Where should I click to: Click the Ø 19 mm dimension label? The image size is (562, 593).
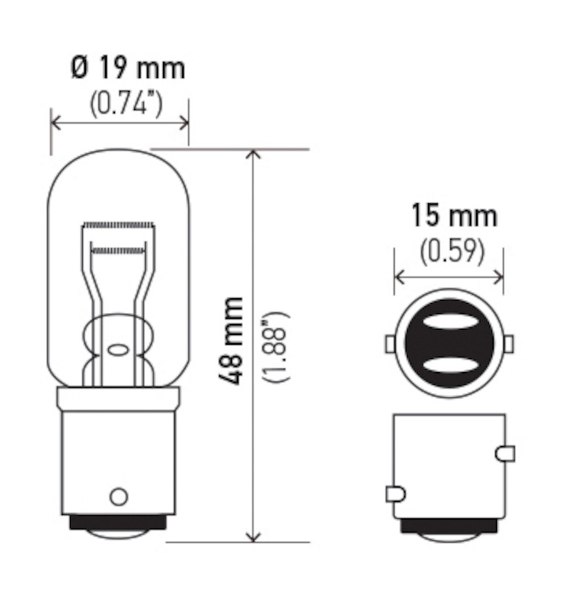point(128,68)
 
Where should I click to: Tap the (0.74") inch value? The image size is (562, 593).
point(126,103)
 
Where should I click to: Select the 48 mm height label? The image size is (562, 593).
point(230,341)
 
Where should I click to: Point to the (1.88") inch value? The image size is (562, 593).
point(277,347)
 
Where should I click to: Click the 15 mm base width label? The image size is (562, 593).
point(454,216)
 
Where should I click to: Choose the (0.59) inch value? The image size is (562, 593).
point(452,251)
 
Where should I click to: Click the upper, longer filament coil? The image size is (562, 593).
point(118,225)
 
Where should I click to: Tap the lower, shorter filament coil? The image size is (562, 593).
point(118,250)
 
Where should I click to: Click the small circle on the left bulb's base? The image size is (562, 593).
point(118,496)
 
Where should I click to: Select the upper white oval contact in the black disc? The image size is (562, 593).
point(449,322)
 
